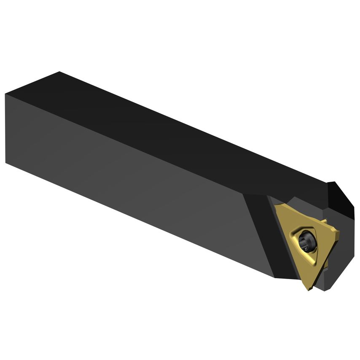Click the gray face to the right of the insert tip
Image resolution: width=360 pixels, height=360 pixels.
[x=333, y=274]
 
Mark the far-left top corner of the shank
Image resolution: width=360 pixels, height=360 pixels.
[x=59, y=72]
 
